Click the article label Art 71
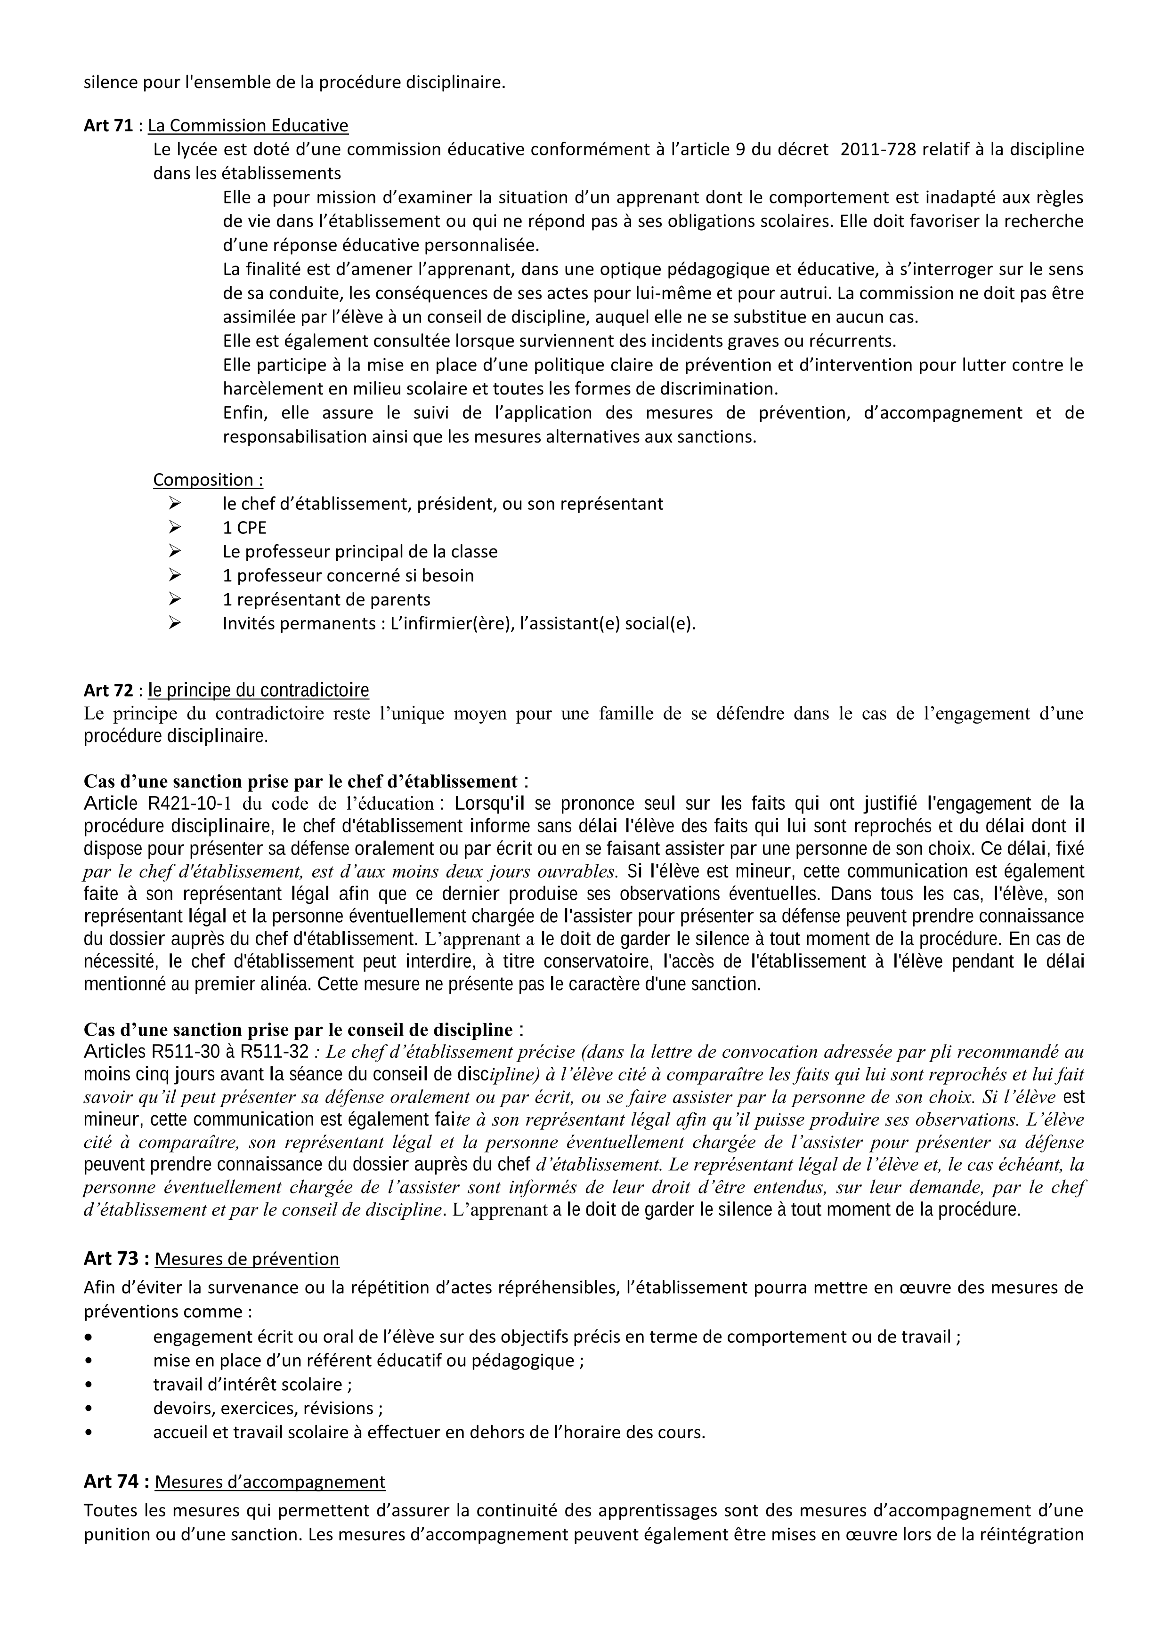[x=108, y=126]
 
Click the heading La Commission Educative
[x=248, y=126]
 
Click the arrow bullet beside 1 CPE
[x=174, y=528]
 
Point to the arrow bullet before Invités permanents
[x=174, y=623]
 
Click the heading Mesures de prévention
[x=247, y=1259]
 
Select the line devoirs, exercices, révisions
[x=268, y=1408]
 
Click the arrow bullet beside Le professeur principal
[x=174, y=552]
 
